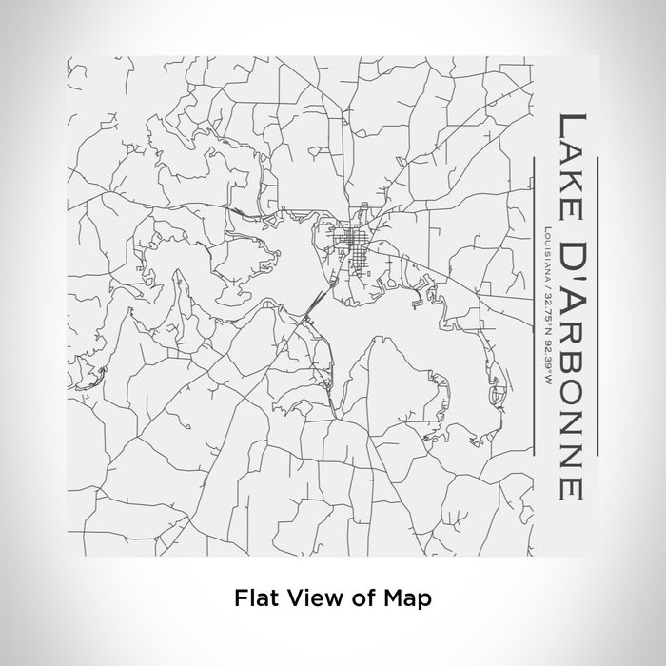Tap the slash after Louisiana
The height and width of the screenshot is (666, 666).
tap(540, 288)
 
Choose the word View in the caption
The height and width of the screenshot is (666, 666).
tap(311, 598)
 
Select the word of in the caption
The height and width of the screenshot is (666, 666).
tap(361, 598)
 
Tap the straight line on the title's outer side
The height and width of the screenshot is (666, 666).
tap(597, 304)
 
